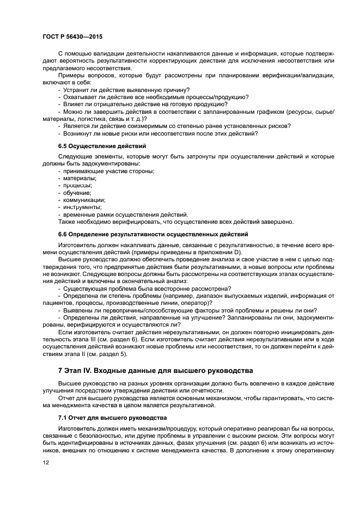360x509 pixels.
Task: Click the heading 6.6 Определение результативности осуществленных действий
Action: [153, 234]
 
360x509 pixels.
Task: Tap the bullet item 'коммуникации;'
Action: [84, 200]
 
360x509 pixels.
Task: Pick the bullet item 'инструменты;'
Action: [82, 207]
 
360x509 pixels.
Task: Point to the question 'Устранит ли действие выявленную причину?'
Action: [126, 89]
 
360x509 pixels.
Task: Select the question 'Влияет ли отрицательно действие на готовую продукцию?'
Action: [145, 104]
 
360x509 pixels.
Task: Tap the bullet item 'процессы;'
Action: [77, 186]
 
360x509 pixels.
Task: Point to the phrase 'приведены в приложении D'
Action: [204, 252]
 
